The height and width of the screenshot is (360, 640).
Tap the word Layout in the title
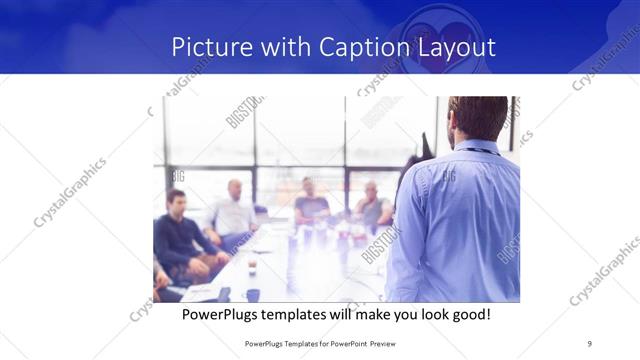coord(458,47)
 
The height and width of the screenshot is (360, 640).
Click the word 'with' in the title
coord(287,47)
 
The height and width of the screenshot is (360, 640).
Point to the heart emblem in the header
coord(438,32)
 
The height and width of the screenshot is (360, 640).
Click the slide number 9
coord(590,343)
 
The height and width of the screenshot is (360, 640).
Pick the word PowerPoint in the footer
coord(346,343)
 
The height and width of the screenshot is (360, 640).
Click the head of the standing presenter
coord(476,118)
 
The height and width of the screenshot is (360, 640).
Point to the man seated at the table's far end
coord(311,200)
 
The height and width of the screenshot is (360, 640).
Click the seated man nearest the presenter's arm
coord(372,205)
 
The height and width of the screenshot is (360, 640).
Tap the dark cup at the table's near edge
coord(252,294)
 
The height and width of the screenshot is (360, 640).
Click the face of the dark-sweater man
coord(177,202)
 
